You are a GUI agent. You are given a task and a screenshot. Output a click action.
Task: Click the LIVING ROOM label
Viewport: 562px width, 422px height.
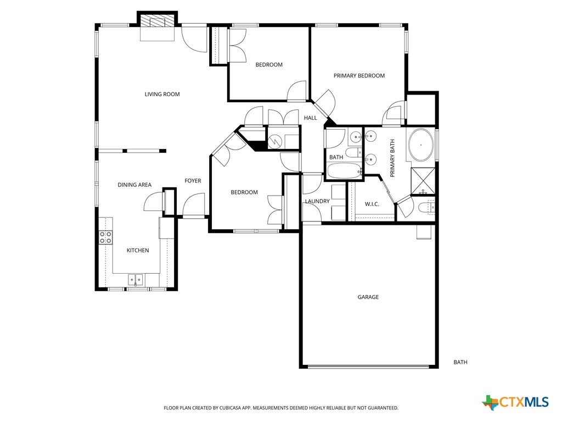162,94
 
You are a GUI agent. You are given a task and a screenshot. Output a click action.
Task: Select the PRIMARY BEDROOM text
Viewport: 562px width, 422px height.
359,76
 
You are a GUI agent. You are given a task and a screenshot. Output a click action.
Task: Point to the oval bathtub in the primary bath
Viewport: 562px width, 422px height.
421,145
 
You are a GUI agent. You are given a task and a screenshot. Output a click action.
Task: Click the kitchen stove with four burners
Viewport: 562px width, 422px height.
105,237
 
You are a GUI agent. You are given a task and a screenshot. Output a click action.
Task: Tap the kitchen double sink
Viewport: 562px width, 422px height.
136,280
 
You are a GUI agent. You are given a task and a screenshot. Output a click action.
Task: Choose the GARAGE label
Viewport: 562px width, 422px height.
368,297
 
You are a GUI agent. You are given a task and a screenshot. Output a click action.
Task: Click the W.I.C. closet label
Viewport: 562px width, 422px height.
372,204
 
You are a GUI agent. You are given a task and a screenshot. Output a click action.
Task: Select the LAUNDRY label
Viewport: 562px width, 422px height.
317,201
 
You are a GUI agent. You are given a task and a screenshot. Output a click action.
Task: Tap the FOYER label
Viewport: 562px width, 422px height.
192,181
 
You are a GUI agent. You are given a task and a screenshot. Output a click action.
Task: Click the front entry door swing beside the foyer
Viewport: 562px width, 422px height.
193,206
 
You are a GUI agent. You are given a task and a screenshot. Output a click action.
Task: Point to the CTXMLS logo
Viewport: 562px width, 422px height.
515,402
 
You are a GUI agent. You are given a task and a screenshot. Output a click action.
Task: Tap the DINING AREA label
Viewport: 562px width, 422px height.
134,185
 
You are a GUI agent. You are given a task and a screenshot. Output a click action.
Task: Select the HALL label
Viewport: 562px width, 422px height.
310,118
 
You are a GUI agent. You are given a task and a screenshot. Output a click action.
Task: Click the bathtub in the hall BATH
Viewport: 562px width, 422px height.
344,171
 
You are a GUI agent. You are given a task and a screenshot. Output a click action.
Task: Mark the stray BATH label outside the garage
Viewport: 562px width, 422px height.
460,362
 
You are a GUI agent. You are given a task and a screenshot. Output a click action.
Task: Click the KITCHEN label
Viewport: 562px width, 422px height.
138,251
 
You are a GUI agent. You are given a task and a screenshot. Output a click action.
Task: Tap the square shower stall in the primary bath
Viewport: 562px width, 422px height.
424,179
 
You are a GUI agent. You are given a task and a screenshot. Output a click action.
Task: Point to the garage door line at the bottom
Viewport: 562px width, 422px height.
368,366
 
